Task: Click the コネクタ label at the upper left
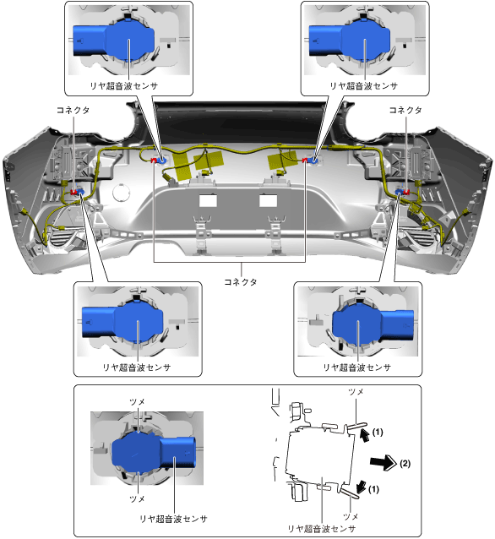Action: pyautogui.click(x=73, y=110)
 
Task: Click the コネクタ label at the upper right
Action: pyautogui.click(x=405, y=110)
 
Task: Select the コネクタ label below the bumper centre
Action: pyautogui.click(x=241, y=282)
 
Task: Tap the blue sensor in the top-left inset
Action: pyautogui.click(x=113, y=40)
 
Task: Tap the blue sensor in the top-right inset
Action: pyautogui.click(x=350, y=40)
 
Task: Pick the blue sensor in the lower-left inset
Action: pyautogui.click(x=122, y=322)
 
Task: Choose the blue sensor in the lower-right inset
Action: pyautogui.click(x=373, y=322)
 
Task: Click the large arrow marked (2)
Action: pyautogui.click(x=383, y=462)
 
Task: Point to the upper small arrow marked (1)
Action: pyautogui.click(x=365, y=435)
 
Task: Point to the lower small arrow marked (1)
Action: pyautogui.click(x=362, y=487)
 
